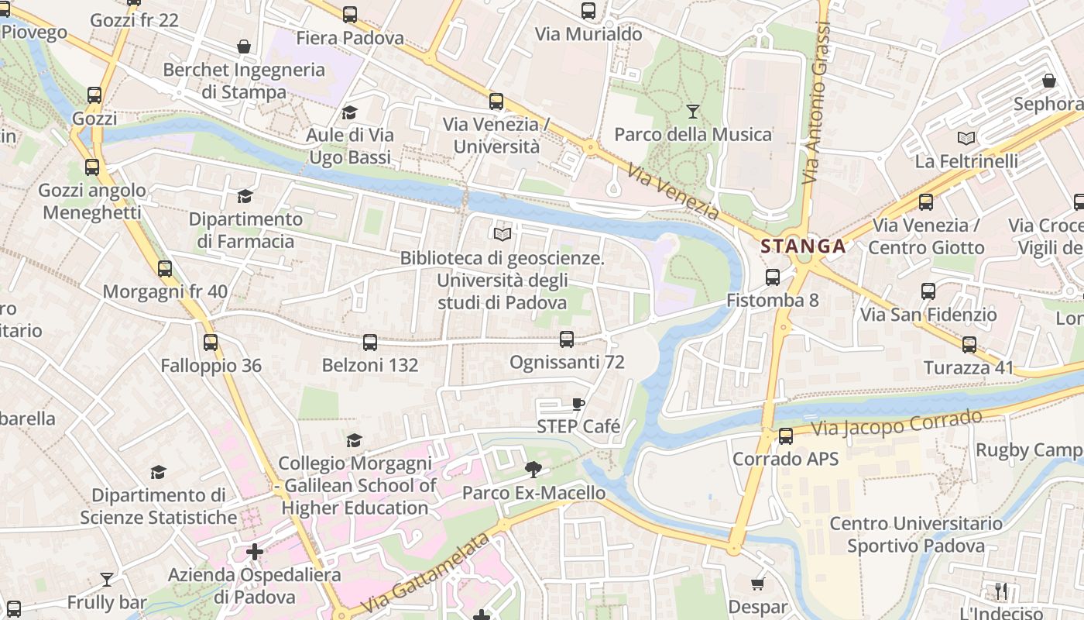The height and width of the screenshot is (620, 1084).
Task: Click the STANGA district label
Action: pyautogui.click(x=802, y=246)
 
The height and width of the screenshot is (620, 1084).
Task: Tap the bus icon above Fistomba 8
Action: pyautogui.click(x=772, y=277)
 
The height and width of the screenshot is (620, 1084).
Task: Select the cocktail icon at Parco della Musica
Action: pyautogui.click(x=693, y=112)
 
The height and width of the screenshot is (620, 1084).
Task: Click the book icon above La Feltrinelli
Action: pyautogui.click(x=966, y=139)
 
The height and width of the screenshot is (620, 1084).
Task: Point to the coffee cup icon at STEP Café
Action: pyautogui.click(x=578, y=404)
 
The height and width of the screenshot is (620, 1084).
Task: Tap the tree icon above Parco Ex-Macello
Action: pyautogui.click(x=533, y=469)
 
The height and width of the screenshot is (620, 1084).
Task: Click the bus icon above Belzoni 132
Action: pyautogui.click(x=370, y=342)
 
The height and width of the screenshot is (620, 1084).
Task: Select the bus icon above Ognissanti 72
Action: pyautogui.click(x=567, y=339)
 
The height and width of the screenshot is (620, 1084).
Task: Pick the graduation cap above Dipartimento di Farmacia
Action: pyautogui.click(x=245, y=197)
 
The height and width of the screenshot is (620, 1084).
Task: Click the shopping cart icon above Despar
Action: pyautogui.click(x=757, y=584)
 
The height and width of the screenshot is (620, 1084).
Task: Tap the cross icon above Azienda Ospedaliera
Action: pyautogui.click(x=254, y=552)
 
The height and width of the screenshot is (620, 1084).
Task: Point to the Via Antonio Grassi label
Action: pyautogui.click(x=816, y=105)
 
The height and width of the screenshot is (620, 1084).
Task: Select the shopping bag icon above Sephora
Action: pyautogui.click(x=1049, y=81)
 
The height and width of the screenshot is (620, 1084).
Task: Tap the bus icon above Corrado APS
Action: pyautogui.click(x=786, y=436)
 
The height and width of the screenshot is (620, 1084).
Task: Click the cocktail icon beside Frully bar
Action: pyautogui.click(x=107, y=579)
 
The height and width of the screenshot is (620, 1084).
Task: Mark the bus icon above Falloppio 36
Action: pyautogui.click(x=211, y=342)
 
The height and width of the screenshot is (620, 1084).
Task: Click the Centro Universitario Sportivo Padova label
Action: pyautogui.click(x=916, y=535)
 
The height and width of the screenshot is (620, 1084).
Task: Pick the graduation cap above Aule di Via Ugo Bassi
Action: pyautogui.click(x=350, y=112)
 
